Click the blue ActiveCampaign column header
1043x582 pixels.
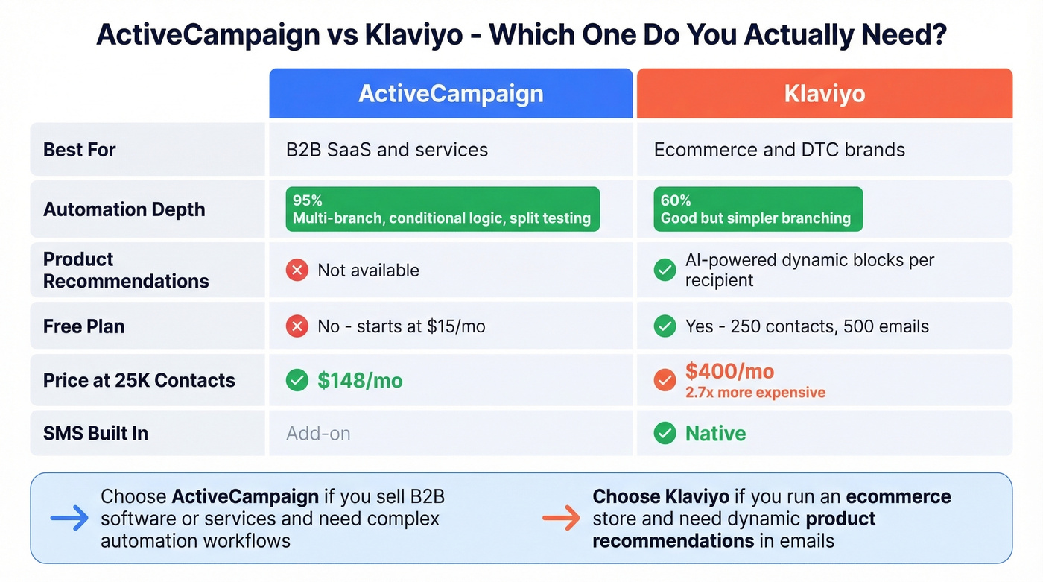(x=451, y=94)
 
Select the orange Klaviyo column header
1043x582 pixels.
(x=824, y=94)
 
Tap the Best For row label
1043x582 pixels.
(x=80, y=150)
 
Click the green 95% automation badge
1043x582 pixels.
(x=443, y=209)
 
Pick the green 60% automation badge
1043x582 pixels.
(x=757, y=209)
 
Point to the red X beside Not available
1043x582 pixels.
(x=297, y=270)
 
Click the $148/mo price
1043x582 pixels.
(x=360, y=381)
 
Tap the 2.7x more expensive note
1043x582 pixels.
(x=755, y=393)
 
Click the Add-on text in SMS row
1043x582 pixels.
(x=318, y=434)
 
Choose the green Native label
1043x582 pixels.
(x=715, y=434)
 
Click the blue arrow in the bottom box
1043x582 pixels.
(x=69, y=519)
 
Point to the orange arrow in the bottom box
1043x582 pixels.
(x=561, y=519)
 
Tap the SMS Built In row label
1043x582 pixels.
(x=95, y=434)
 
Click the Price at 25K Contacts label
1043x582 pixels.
(x=139, y=381)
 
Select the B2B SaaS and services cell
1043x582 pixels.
(x=387, y=150)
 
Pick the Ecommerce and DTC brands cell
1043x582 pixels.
(x=779, y=150)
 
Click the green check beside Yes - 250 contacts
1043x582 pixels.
(x=665, y=326)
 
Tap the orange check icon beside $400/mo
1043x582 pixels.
(x=665, y=381)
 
